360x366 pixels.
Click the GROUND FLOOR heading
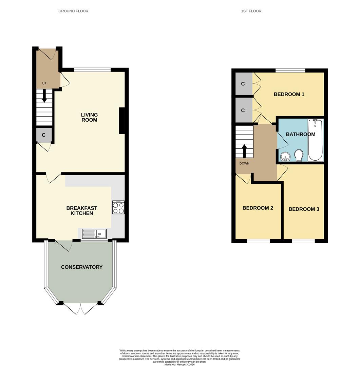73,11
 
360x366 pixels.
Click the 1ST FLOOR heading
251,11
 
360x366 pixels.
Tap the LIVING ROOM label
89,117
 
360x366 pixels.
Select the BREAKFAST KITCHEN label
81,211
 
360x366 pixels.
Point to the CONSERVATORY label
81,267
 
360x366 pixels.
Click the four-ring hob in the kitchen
118,207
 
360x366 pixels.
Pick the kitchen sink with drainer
94,233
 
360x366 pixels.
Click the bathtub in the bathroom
315,140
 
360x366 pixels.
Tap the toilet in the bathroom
299,155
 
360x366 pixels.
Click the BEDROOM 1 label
289,94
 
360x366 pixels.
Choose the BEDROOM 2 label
258,208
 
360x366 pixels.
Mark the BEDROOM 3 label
304,209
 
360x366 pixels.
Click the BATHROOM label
300,134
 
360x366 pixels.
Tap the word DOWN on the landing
244,163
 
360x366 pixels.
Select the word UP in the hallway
44,83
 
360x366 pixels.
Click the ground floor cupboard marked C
44,135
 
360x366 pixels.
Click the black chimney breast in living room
122,121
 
